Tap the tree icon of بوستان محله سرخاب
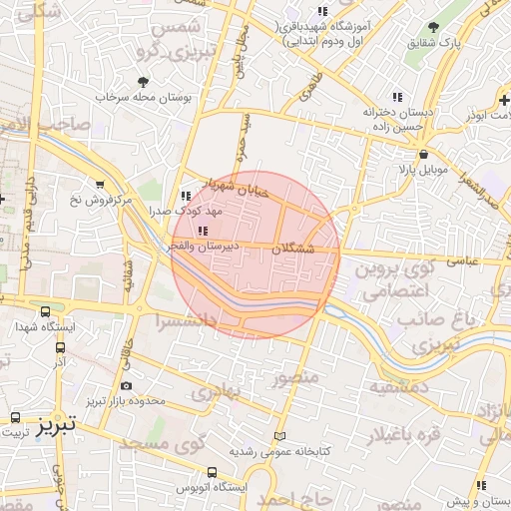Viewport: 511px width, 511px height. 143,82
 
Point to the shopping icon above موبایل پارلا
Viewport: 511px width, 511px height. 424,154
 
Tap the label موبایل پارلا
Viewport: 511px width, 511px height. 424,170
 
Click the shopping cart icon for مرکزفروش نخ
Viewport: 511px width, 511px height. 100,184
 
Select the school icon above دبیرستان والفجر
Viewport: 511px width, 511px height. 204,231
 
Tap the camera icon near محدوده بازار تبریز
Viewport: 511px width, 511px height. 125,386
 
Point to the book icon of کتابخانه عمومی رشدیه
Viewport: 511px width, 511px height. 279,436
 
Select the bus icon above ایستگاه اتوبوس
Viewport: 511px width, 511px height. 212,471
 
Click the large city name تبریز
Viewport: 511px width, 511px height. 56,430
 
